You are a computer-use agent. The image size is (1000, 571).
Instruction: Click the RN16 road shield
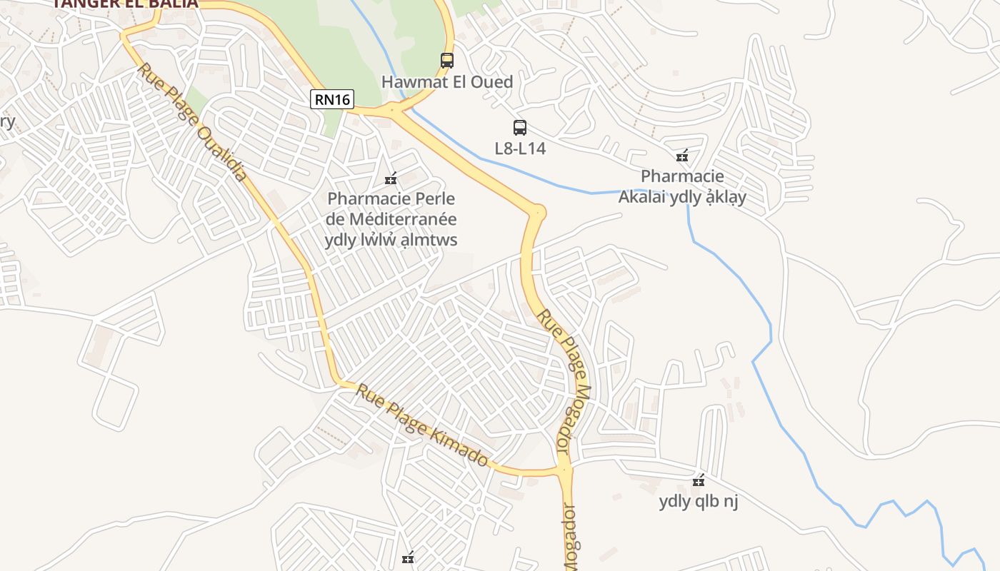coord(333,99)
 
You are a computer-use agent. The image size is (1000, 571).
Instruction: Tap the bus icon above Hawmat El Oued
coord(447,61)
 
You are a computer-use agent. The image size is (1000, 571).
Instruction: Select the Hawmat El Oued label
coord(447,82)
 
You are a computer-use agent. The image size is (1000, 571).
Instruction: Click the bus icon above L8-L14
coord(520,128)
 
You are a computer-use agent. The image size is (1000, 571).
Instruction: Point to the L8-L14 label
coord(520,148)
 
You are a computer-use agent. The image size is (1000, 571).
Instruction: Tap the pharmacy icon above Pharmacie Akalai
coord(682,156)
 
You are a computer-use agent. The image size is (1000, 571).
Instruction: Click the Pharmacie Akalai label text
coord(682,186)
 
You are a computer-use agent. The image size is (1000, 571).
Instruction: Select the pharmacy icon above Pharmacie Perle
coord(391,178)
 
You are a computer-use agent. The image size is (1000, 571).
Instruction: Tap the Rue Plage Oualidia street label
coord(192,122)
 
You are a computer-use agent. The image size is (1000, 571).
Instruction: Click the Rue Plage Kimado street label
coord(422,425)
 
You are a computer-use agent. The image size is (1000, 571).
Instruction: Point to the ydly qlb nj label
coord(698,501)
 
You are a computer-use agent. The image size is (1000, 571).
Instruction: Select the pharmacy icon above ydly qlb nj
coord(699,481)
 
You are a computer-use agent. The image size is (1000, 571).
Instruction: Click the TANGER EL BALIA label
coord(125,4)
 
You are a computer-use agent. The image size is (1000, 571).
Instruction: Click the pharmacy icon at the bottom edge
coord(408,558)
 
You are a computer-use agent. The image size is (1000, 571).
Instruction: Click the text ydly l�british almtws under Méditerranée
coord(391,240)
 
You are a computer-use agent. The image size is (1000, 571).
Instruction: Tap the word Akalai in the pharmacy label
coord(642,197)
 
